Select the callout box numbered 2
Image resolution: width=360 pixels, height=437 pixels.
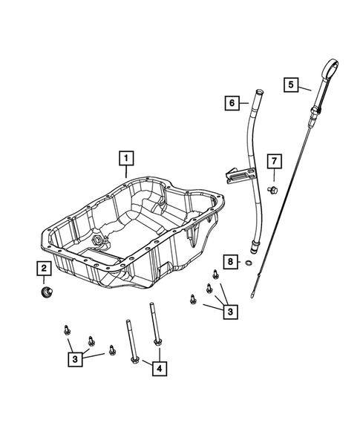pyautogui.click(x=45, y=269)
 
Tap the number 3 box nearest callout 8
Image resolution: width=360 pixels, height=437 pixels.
pyautogui.click(x=231, y=312)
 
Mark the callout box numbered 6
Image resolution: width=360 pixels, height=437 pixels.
pyautogui.click(x=232, y=103)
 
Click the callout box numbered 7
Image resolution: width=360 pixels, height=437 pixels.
pyautogui.click(x=273, y=160)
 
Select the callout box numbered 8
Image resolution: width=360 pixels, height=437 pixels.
pyautogui.click(x=231, y=262)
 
